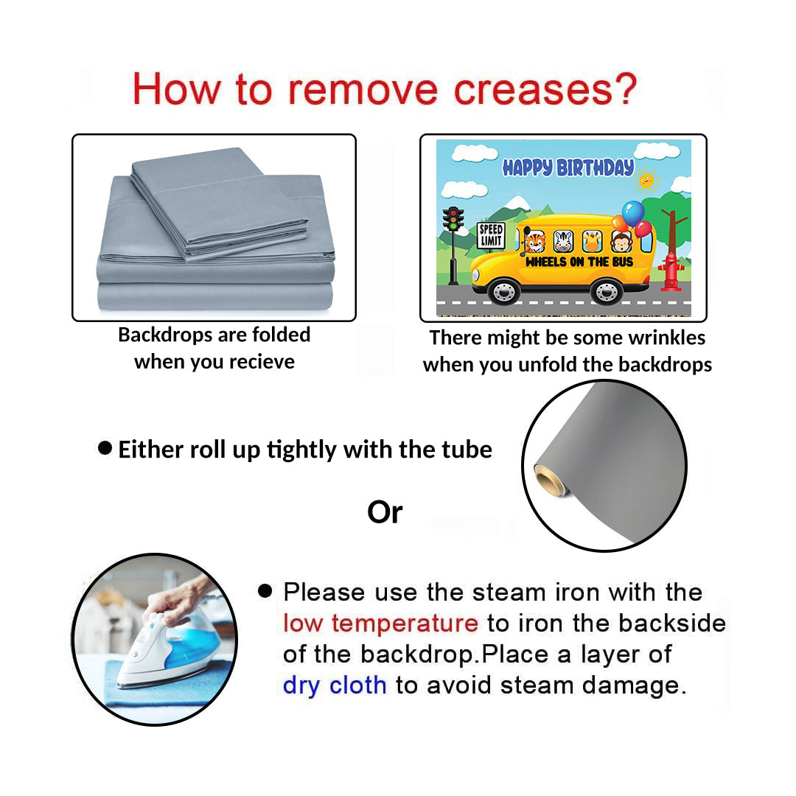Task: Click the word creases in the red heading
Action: [x=533, y=91]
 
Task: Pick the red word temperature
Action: [x=405, y=624]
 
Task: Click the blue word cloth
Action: [x=358, y=685]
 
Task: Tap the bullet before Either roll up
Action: [x=105, y=448]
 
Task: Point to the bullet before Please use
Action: [x=265, y=590]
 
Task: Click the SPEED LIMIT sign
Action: [x=491, y=235]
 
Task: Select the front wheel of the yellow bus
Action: [x=504, y=291]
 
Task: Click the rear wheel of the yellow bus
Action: [x=607, y=291]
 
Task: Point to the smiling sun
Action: [x=646, y=181]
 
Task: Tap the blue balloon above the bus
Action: [x=633, y=213]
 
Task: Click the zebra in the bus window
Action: [x=564, y=241]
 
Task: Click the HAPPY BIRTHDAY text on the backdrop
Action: [x=568, y=167]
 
